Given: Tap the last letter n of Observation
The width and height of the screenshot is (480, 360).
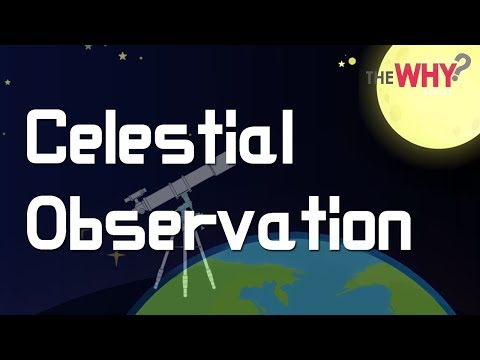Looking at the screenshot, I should (391, 223).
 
